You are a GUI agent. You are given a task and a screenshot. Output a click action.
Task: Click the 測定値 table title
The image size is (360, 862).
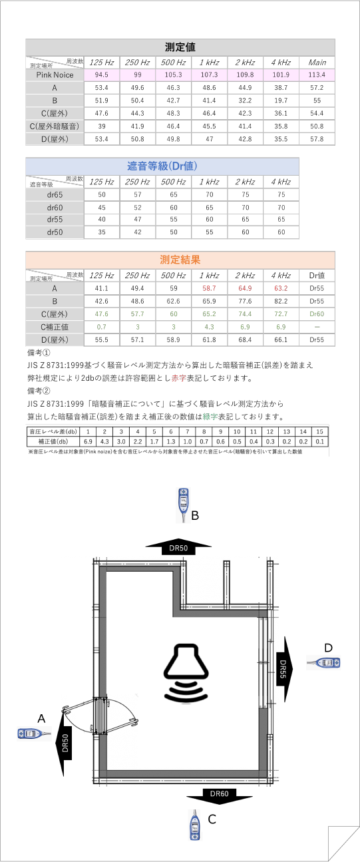180,47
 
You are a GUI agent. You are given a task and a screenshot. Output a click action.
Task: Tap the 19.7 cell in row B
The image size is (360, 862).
280,100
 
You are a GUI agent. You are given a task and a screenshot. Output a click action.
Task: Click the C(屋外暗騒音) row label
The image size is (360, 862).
55,126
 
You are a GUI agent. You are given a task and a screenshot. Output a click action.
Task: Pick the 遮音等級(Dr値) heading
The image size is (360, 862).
162,165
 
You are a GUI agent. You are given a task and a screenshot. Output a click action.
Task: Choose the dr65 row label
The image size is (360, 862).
55,194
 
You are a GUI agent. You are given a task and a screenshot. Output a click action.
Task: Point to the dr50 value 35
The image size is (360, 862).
102,232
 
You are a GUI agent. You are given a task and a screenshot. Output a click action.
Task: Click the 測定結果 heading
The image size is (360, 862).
180,260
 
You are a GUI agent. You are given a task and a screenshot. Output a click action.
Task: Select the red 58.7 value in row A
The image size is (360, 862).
209,288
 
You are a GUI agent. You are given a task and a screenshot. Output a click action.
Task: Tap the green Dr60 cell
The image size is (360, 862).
317,314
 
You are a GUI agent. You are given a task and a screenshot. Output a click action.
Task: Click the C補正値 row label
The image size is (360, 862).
55,327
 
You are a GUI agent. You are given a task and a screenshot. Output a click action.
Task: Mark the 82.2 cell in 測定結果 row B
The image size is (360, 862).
280,301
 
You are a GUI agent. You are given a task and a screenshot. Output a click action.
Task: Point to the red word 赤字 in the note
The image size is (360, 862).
178,379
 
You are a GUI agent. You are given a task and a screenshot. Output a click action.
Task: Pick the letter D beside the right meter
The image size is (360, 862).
328,648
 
